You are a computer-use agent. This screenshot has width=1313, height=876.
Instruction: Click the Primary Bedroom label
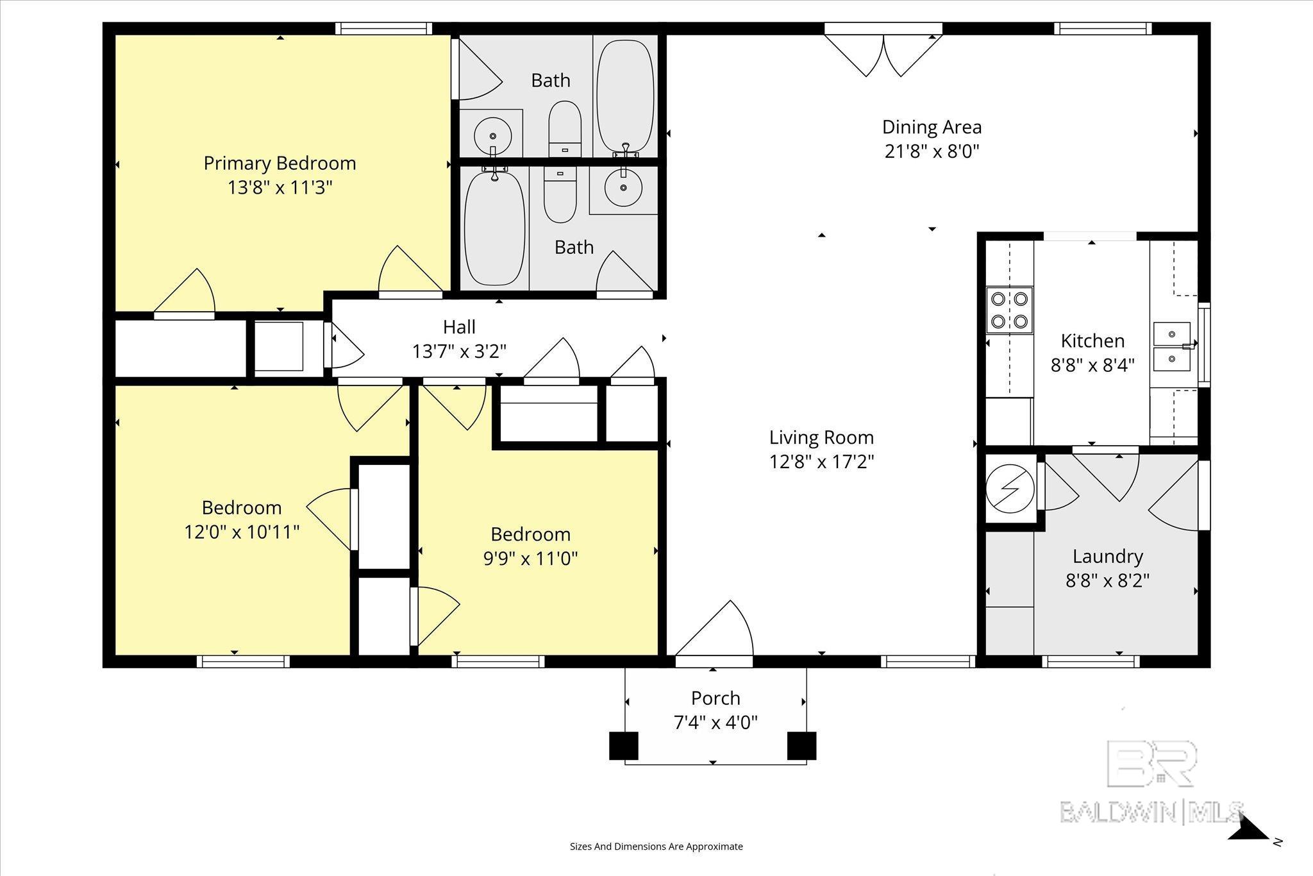pyautogui.click(x=280, y=164)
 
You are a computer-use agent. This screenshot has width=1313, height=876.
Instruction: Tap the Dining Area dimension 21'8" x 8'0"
pyautogui.click(x=932, y=152)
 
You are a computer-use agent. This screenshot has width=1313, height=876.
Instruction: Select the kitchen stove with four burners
pyautogui.click(x=1009, y=310)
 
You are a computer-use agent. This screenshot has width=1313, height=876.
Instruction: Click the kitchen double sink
pyautogui.click(x=1171, y=347)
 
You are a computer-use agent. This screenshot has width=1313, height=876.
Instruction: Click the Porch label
pyautogui.click(x=715, y=698)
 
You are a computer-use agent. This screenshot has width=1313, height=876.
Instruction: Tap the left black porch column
pyautogui.click(x=623, y=745)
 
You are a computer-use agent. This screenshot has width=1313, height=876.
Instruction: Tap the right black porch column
pyautogui.click(x=801, y=745)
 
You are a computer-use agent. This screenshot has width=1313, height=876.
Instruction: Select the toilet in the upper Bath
pyautogui.click(x=565, y=128)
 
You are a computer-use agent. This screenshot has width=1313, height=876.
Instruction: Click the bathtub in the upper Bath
pyautogui.click(x=625, y=96)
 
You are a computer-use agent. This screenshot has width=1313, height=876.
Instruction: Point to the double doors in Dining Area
pyautogui.click(x=883, y=55)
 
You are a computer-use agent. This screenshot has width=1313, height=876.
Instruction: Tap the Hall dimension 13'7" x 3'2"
pyautogui.click(x=460, y=351)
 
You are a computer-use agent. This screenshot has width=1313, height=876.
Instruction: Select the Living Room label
pyautogui.click(x=821, y=437)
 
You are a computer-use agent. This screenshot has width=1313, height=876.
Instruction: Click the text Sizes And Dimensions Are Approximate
pyautogui.click(x=656, y=847)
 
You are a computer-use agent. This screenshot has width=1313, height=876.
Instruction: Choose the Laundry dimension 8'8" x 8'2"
pyautogui.click(x=1107, y=581)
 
